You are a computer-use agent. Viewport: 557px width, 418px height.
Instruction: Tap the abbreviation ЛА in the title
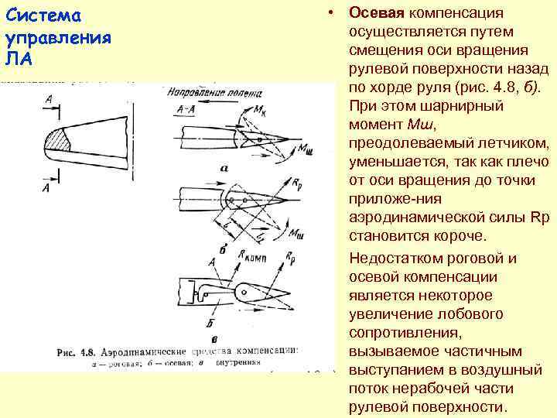coord(18,58)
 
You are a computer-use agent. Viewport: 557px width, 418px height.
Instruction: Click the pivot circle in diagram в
coord(246,292)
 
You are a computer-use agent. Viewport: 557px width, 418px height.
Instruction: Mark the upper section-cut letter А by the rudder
coord(49,99)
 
